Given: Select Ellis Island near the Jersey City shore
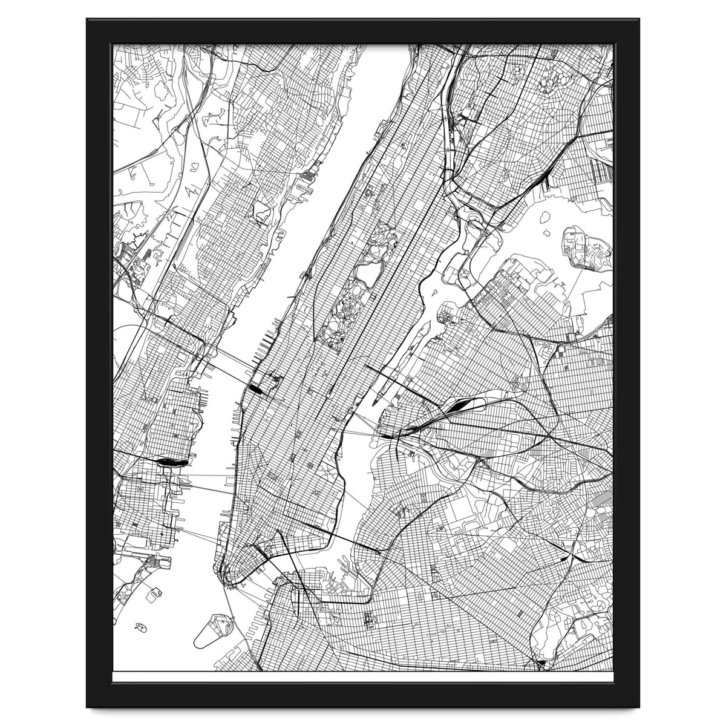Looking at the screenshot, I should click(149, 563).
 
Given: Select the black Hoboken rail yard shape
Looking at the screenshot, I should click(171, 462).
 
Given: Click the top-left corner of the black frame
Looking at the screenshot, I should click(88, 20).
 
